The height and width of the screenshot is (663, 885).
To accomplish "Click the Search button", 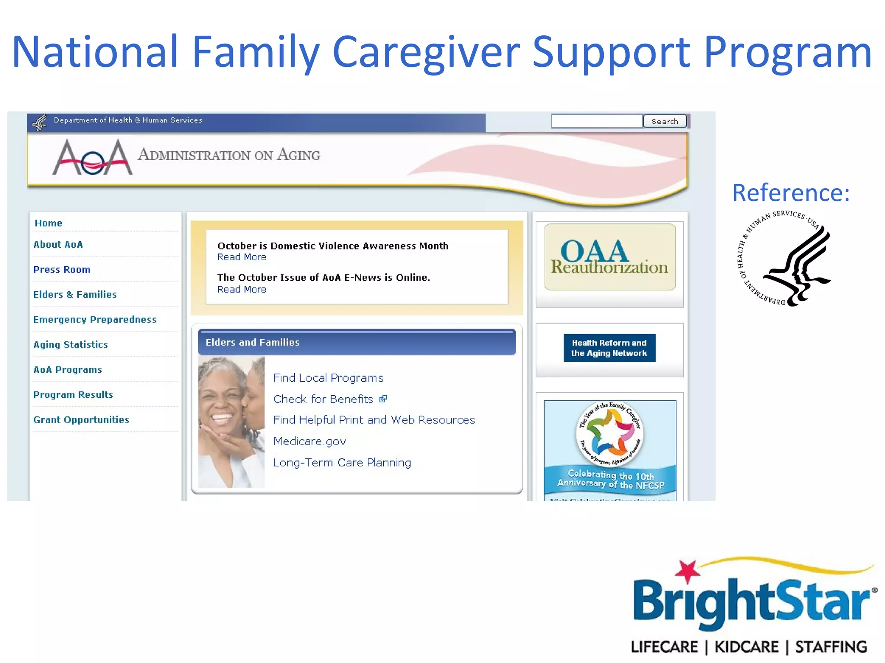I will tap(665, 121).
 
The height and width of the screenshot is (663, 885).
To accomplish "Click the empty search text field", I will tap(597, 121).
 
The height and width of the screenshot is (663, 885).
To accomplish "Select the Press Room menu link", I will tap(62, 269).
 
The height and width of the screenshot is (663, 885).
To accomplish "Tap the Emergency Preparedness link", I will tap(95, 319).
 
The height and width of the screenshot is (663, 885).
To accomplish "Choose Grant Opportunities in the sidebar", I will tap(81, 420).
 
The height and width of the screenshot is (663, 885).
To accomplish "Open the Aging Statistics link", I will tap(70, 344).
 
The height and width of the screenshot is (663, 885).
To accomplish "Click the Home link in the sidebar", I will tap(48, 223).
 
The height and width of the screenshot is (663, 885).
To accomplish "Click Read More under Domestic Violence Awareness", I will tap(242, 257).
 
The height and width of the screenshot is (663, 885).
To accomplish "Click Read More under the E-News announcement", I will tap(242, 290).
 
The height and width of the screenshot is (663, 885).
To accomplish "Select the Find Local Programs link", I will tap(328, 378).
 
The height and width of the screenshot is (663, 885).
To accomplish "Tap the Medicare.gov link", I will tap(309, 441).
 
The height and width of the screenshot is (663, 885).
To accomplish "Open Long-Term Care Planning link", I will tap(342, 463).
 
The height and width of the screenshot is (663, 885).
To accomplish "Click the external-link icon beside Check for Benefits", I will tap(383, 399).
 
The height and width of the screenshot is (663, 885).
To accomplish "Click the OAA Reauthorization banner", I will tap(609, 257).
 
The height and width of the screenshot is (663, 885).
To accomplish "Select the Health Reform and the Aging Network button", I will tap(609, 348).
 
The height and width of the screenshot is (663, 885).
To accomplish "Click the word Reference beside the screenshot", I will tap(791, 193).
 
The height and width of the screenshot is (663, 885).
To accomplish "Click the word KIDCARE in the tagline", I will tap(746, 647).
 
